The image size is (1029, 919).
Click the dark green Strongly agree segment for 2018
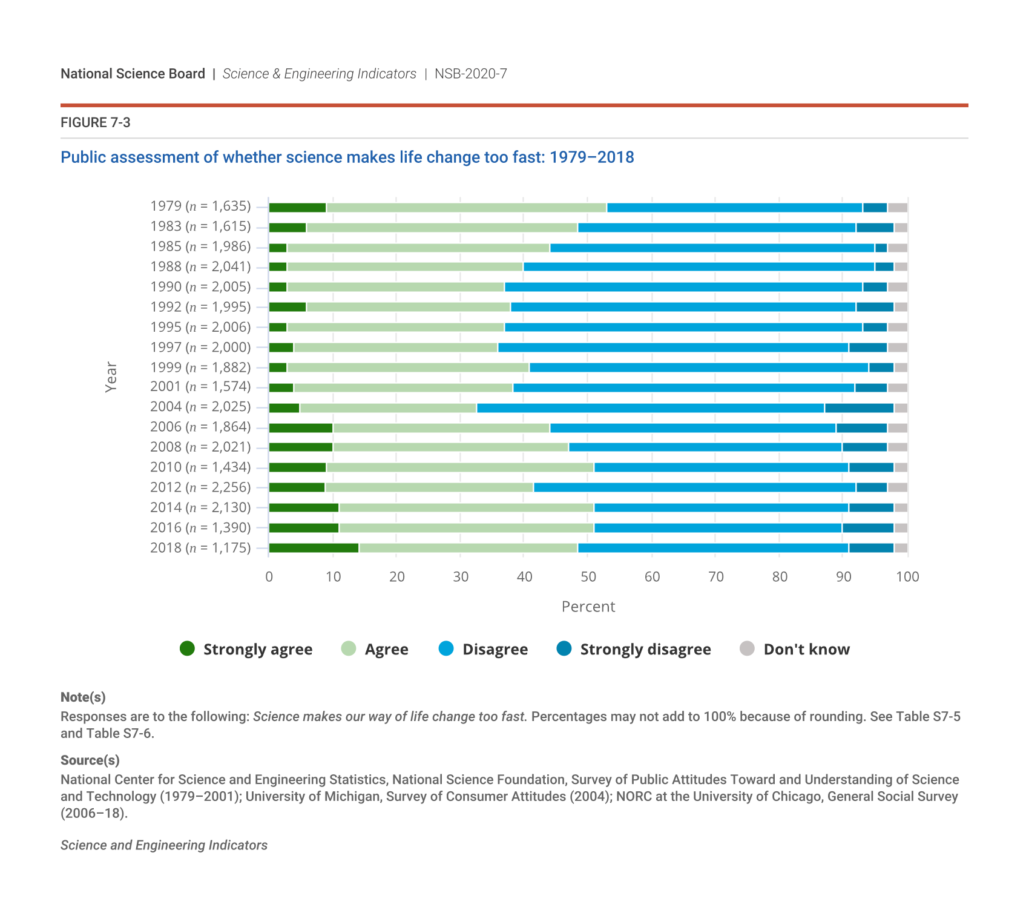[x=314, y=548]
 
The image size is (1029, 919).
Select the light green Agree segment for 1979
[x=466, y=208]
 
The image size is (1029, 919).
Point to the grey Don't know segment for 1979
[x=897, y=208]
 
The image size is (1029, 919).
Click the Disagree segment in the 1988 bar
[x=699, y=267]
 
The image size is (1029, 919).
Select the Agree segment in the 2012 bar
[x=429, y=487]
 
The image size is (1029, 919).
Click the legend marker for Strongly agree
[x=188, y=649]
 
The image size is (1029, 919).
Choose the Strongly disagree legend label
[x=645, y=649]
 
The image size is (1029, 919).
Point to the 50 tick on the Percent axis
[x=588, y=577]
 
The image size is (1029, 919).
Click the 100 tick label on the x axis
[x=907, y=577]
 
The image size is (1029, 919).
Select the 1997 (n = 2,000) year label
[x=200, y=347]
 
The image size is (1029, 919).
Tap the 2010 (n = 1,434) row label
[x=200, y=467]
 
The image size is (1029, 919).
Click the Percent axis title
[x=588, y=607]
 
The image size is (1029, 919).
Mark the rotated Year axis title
[x=111, y=377]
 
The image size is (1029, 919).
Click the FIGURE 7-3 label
[x=96, y=122]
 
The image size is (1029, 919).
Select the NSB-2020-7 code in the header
[x=470, y=74]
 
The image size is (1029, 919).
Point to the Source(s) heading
[x=90, y=760]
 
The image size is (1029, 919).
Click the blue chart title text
[x=347, y=157]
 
